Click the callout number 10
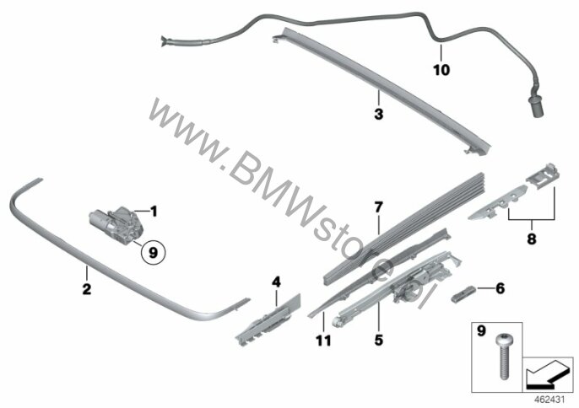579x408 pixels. coord(441,70)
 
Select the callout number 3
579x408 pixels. coord(378,114)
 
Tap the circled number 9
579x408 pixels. coord(153,253)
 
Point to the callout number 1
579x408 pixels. coord(154,212)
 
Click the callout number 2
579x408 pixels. coord(86,289)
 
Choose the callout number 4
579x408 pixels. coord(276,282)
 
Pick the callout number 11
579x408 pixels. coord(323,341)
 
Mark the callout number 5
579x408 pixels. coord(379,340)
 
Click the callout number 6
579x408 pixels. coord(500,288)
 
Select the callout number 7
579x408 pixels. coord(379,207)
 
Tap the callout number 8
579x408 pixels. coord(532,239)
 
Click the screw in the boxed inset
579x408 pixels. coord(503,357)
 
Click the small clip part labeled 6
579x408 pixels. coord(463,294)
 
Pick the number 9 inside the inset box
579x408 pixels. coord(481,331)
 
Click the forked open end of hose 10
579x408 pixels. coord(164,41)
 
